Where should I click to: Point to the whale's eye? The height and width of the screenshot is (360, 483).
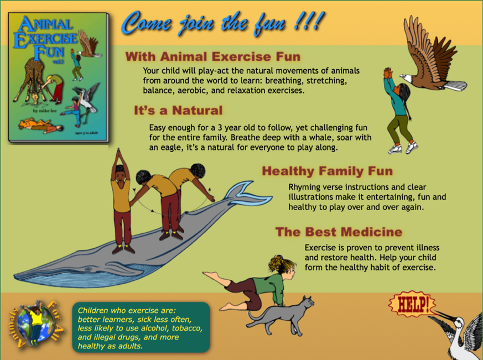click(x=89, y=269)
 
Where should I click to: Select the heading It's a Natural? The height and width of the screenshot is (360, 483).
click(x=178, y=110)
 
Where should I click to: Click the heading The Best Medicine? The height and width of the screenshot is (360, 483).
click(x=339, y=232)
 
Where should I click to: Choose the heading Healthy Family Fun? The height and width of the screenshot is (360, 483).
click(x=328, y=171)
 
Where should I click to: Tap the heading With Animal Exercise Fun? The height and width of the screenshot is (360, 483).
click(x=213, y=56)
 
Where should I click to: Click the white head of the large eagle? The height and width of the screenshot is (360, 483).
click(x=407, y=78)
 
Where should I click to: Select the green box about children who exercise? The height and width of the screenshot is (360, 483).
click(x=141, y=327)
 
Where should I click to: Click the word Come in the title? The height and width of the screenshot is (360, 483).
click(x=147, y=23)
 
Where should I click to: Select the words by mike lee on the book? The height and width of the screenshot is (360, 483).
click(x=45, y=111)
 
